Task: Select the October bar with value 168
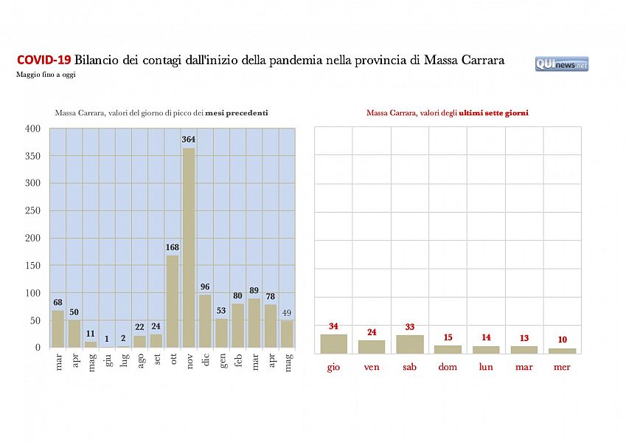173,301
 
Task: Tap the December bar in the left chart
205,321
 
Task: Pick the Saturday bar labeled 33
410,344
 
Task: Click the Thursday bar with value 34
333,344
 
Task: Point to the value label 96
205,287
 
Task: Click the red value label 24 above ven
372,332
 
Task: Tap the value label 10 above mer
563,339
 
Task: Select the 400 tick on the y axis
32,128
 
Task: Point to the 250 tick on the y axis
32,210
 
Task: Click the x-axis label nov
189,361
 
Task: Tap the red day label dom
448,367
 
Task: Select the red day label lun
486,367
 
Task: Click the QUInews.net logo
562,64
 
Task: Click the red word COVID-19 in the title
44,61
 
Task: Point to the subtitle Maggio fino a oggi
45,75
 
